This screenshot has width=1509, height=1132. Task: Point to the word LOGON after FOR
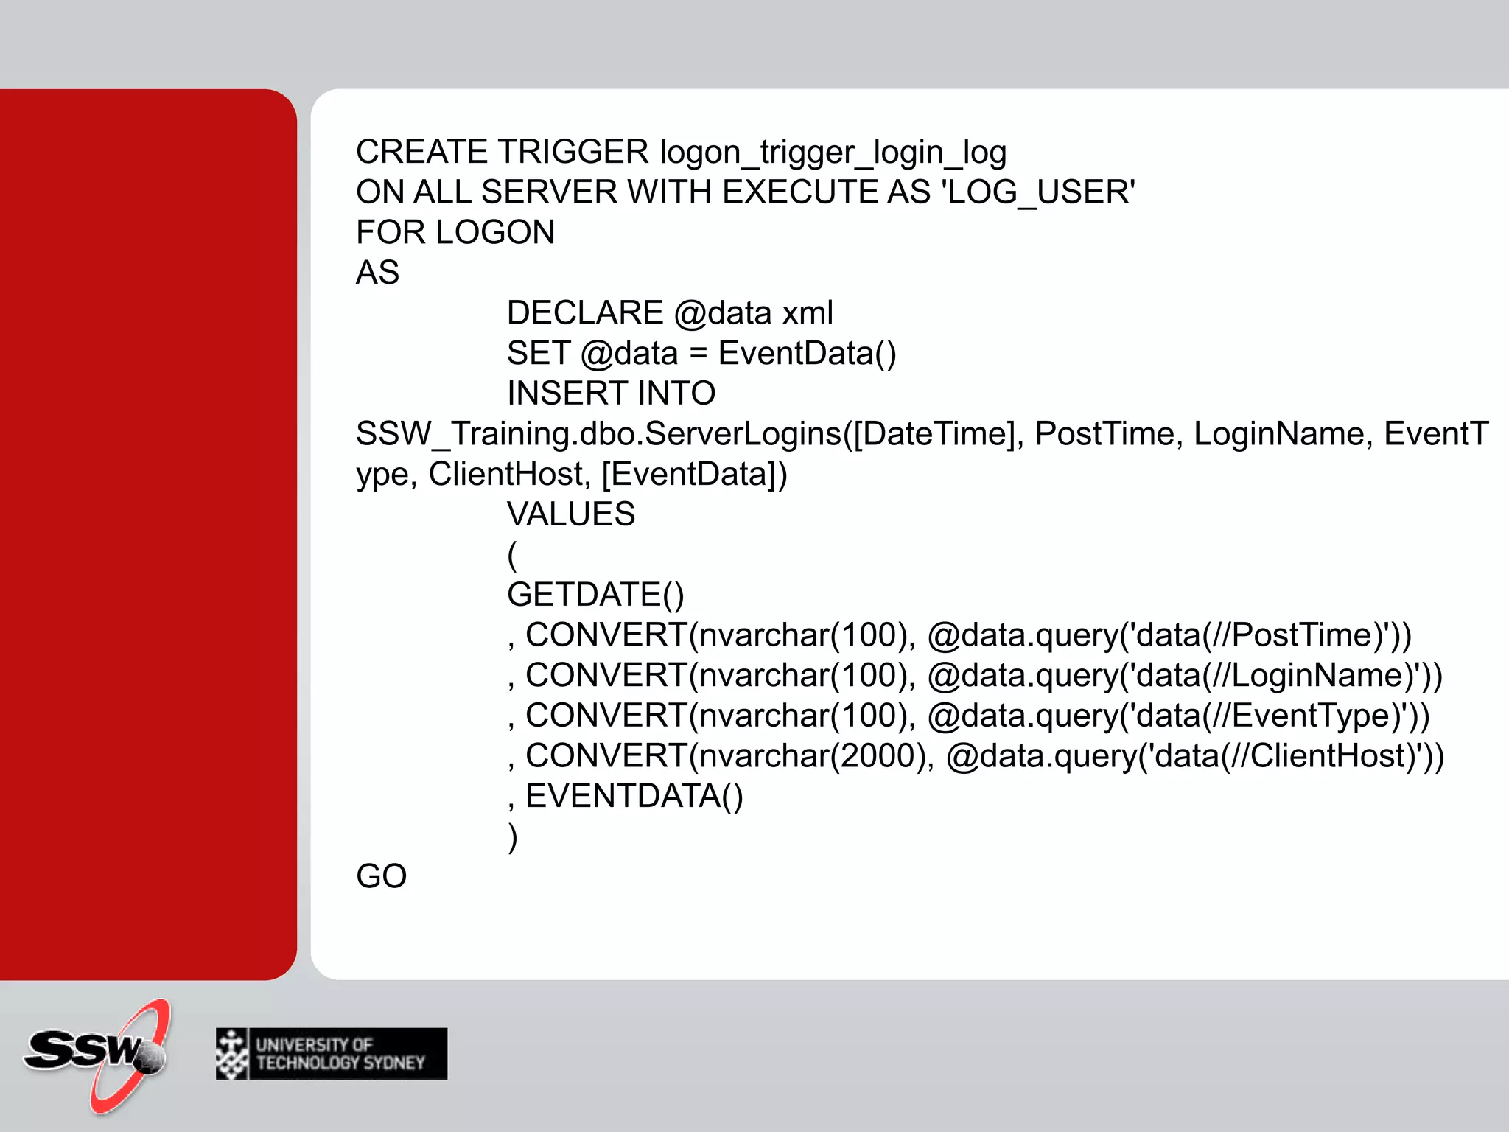pyautogui.click(x=495, y=233)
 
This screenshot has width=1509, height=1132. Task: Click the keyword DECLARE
pyautogui.click(x=585, y=313)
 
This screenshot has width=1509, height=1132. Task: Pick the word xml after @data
pyautogui.click(x=808, y=313)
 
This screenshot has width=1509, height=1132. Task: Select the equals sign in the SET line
pyautogui.click(x=698, y=354)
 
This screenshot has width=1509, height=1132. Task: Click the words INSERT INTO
pyautogui.click(x=611, y=394)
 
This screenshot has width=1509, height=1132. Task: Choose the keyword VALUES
pyautogui.click(x=571, y=514)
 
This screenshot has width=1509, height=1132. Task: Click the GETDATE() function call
pyautogui.click(x=595, y=595)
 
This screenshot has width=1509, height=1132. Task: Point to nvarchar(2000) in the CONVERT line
pyautogui.click(x=814, y=756)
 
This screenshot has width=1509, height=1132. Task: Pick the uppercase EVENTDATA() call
pyautogui.click(x=634, y=797)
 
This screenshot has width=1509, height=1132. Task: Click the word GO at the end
pyautogui.click(x=381, y=877)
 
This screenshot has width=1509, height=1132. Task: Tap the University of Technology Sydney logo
pyautogui.click(x=332, y=1054)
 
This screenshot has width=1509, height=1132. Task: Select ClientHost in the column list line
pyautogui.click(x=506, y=475)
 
